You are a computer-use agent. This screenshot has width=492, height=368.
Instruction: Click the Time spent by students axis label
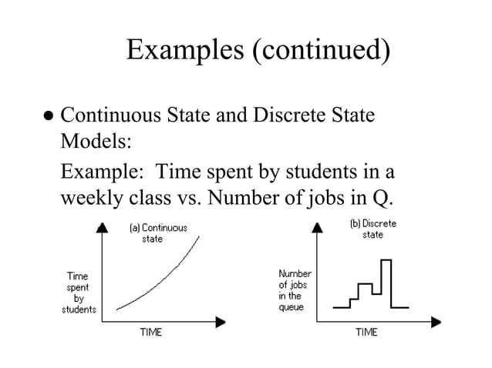(x=79, y=293)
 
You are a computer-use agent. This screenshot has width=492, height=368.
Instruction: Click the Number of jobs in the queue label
(x=295, y=290)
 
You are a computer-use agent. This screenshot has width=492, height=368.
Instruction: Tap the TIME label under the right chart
(x=366, y=333)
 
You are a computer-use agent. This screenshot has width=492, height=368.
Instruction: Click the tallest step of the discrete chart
(x=386, y=262)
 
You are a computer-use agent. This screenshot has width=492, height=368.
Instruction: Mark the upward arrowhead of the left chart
(x=103, y=226)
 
